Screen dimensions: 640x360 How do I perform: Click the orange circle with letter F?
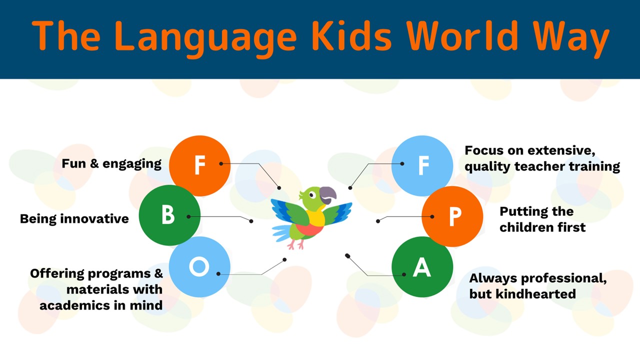(x=199, y=165)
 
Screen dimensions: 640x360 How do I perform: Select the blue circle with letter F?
(x=422, y=165)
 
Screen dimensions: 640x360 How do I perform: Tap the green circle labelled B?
(x=169, y=215)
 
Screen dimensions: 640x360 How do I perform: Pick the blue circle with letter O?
(x=199, y=267)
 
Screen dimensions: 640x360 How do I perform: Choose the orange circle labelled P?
(x=452, y=216)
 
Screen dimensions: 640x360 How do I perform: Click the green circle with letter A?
(x=422, y=267)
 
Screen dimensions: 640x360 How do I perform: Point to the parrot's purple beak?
(x=328, y=195)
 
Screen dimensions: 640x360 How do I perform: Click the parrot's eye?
(x=312, y=195)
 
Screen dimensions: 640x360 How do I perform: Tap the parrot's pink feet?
(x=296, y=244)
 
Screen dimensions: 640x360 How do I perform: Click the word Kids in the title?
(x=351, y=36)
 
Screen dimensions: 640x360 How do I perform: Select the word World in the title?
(x=462, y=36)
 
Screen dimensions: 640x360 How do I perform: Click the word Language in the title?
(x=205, y=39)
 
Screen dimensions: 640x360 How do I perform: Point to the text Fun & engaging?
(x=111, y=164)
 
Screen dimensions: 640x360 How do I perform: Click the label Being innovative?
(x=74, y=219)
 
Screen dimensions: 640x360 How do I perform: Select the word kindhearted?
(x=535, y=293)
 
